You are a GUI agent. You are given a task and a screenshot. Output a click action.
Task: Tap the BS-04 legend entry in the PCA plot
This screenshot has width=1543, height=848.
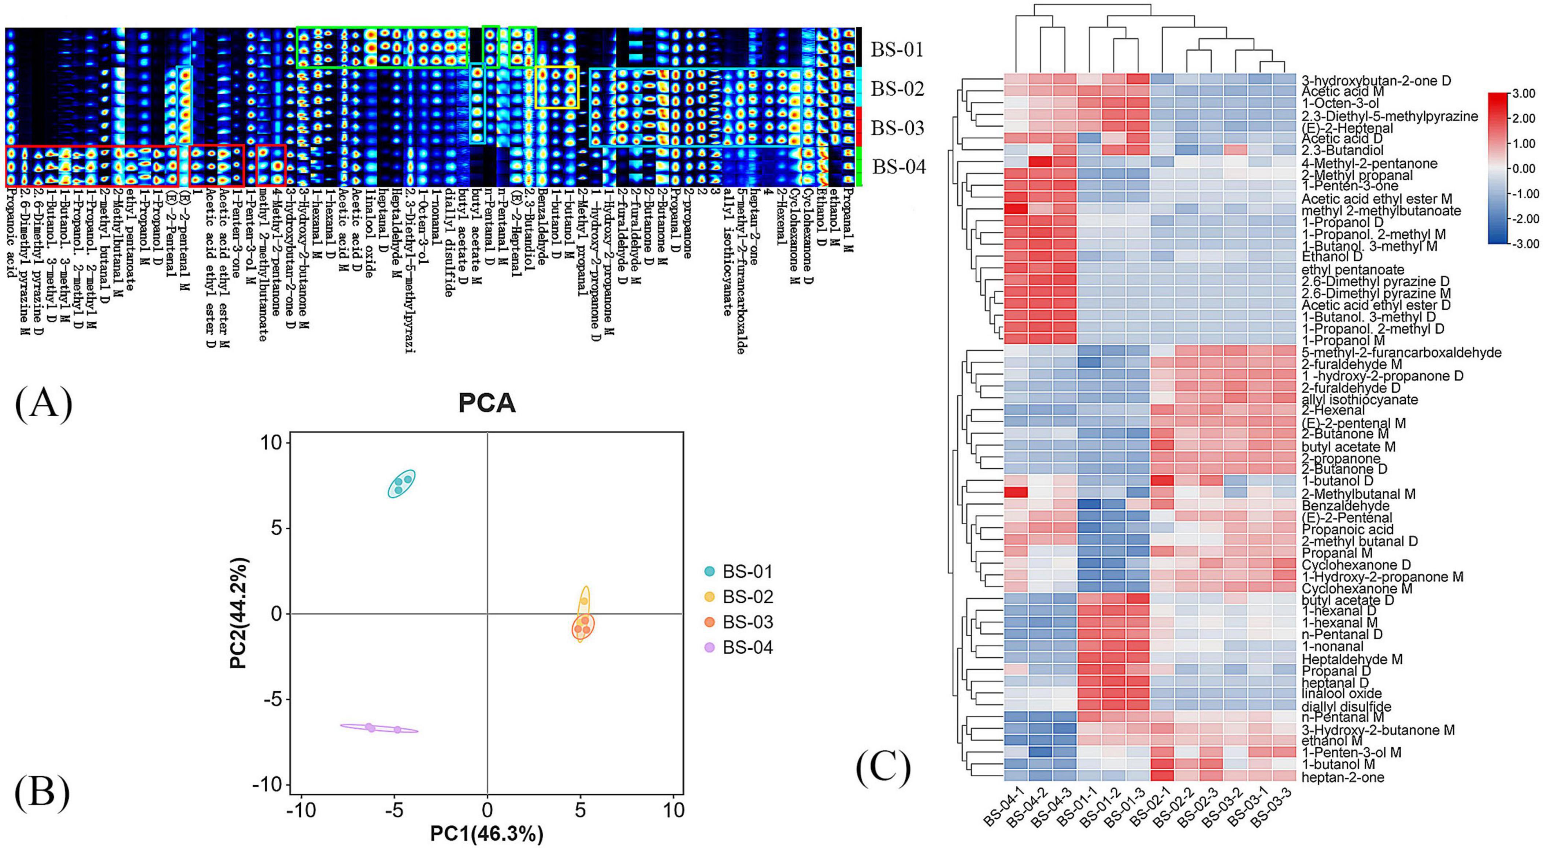tap(747, 647)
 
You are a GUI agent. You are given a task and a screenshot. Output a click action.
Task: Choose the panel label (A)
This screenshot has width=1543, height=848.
tap(43, 403)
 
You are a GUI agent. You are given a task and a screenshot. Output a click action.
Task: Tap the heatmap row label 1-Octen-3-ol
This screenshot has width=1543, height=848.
tap(1338, 104)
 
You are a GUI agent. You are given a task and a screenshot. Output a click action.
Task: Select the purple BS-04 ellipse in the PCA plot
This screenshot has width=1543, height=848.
tap(379, 728)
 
